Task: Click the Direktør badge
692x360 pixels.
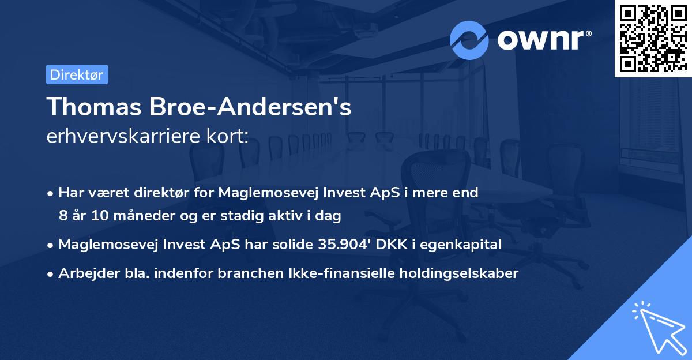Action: [77, 75]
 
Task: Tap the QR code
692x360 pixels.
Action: [653, 39]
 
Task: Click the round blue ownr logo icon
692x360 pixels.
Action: [469, 40]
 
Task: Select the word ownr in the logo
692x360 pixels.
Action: [544, 40]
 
